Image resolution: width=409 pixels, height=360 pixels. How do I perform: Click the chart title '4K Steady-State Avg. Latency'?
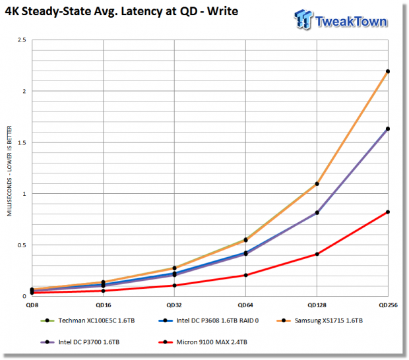coord(85,11)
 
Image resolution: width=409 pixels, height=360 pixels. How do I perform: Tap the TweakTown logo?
coord(341,20)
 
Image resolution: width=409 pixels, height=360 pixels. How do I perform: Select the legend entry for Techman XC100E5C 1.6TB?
coord(88,320)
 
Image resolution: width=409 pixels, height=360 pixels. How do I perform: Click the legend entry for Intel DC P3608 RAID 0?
coord(208,320)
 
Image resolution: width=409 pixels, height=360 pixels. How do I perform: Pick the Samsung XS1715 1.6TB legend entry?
coord(319,320)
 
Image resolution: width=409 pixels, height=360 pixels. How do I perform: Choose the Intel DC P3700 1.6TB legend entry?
coord(80,342)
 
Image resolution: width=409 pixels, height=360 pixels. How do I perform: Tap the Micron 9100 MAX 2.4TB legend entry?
coord(203,342)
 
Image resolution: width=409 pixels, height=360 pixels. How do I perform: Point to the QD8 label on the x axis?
coord(32,305)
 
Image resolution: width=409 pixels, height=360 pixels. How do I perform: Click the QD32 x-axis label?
coord(174,305)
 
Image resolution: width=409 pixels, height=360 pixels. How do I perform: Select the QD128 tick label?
coord(317,305)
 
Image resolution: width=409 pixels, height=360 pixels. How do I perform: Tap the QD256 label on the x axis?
coord(388,305)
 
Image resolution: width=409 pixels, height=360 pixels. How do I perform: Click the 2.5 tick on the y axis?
coord(22,40)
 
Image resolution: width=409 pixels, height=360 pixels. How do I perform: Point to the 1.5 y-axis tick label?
coord(22,142)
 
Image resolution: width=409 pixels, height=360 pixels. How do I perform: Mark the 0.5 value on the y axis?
coord(22,245)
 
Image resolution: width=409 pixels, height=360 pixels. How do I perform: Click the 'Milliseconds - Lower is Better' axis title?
coord(9,171)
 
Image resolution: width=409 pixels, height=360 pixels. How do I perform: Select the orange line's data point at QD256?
coord(388,71)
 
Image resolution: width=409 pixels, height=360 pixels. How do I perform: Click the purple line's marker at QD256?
coord(388,129)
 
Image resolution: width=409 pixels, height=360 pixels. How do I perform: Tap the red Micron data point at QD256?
coord(388,212)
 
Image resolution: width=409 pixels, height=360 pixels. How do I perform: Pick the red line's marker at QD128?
coord(317,254)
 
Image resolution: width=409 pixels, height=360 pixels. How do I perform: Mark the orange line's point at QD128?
coord(317,184)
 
